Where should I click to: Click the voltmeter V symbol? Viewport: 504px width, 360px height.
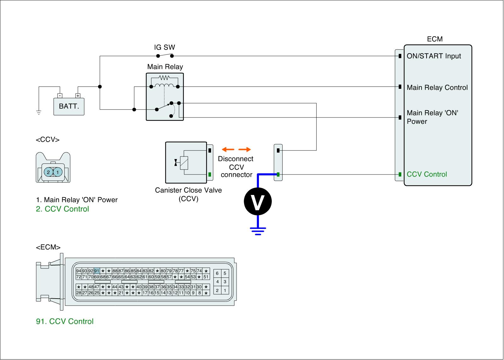pos(258,202)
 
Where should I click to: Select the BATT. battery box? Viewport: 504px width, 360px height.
pos(69,106)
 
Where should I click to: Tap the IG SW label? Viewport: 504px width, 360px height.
pos(164,48)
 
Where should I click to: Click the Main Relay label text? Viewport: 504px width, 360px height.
pos(165,67)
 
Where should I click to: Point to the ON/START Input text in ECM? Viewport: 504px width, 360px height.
pos(434,56)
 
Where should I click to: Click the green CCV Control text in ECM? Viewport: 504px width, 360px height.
pos(427,174)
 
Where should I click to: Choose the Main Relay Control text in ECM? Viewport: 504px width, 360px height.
pos(437,88)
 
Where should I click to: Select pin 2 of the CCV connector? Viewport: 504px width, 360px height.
pos(48,172)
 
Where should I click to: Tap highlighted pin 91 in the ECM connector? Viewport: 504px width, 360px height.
pos(97,271)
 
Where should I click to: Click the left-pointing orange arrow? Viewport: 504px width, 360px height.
pos(228,149)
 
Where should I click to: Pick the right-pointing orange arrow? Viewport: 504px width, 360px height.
pos(244,149)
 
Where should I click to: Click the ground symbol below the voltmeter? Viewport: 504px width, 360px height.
pos(258,231)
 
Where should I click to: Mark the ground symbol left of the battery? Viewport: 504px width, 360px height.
pos(39,113)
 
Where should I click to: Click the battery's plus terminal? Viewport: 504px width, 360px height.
pos(78,96)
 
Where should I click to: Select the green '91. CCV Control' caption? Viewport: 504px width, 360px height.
pos(65,322)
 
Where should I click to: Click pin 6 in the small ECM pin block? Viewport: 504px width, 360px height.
pos(217,274)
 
